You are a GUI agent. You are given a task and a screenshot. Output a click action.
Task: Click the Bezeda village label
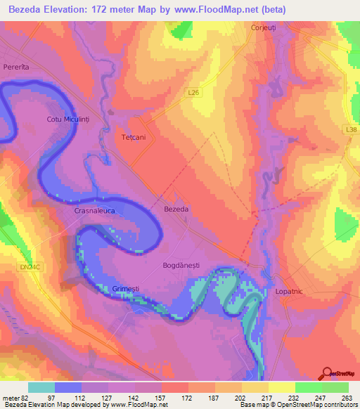tap(176, 209)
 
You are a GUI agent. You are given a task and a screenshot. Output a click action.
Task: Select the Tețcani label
tap(134, 137)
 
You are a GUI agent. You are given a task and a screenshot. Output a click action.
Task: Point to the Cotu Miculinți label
tap(69, 119)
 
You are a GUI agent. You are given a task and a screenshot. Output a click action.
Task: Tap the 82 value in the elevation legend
tap(25, 396)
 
